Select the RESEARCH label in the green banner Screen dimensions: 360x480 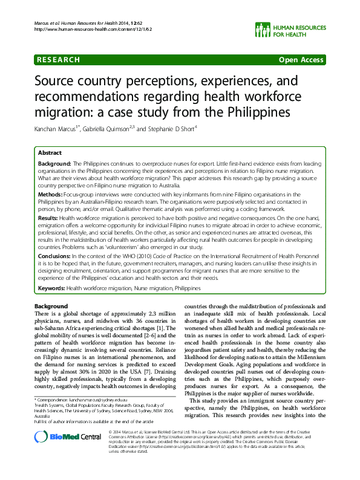tap(59, 60)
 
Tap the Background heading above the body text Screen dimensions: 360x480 tap(51, 306)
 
